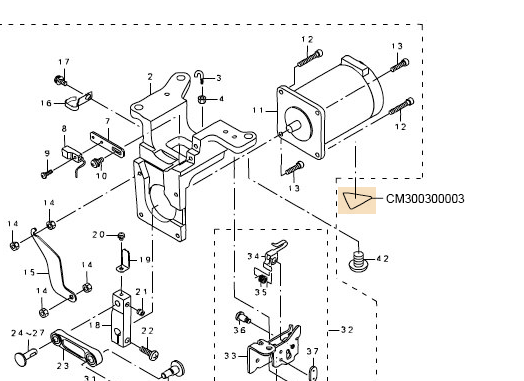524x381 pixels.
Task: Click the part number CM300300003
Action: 425,199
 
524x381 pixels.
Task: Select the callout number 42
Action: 383,259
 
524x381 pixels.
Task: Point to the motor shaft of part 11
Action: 293,127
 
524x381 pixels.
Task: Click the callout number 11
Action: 258,110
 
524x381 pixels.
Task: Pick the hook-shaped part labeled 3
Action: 200,77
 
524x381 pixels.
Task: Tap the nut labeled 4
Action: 202,99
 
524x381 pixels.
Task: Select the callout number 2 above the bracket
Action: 150,77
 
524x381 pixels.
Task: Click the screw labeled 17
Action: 60,80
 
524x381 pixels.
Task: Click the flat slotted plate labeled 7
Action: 107,144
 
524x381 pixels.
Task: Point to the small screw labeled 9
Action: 46,174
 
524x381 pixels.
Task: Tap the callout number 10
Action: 101,176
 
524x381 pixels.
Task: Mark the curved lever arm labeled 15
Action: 53,264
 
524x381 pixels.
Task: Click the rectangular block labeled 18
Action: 121,319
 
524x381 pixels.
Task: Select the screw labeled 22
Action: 149,353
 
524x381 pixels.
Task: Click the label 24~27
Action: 28,333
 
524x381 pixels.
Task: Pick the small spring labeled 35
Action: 263,279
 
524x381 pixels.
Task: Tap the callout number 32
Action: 347,330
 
